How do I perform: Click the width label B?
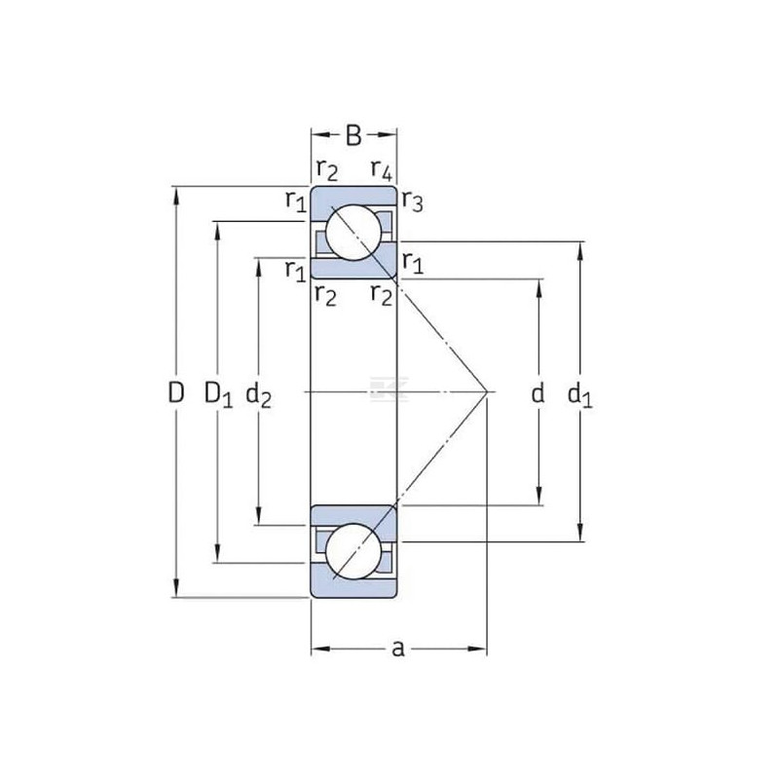click(x=353, y=135)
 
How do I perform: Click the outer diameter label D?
click(x=176, y=392)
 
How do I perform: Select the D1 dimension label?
click(x=218, y=395)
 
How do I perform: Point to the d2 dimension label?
click(x=259, y=395)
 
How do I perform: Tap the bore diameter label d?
click(x=538, y=392)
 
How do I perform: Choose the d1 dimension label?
click(x=579, y=395)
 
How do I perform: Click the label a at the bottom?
click(x=398, y=649)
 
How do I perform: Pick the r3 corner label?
click(x=412, y=202)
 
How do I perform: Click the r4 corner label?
click(x=382, y=170)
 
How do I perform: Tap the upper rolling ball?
click(x=353, y=232)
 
